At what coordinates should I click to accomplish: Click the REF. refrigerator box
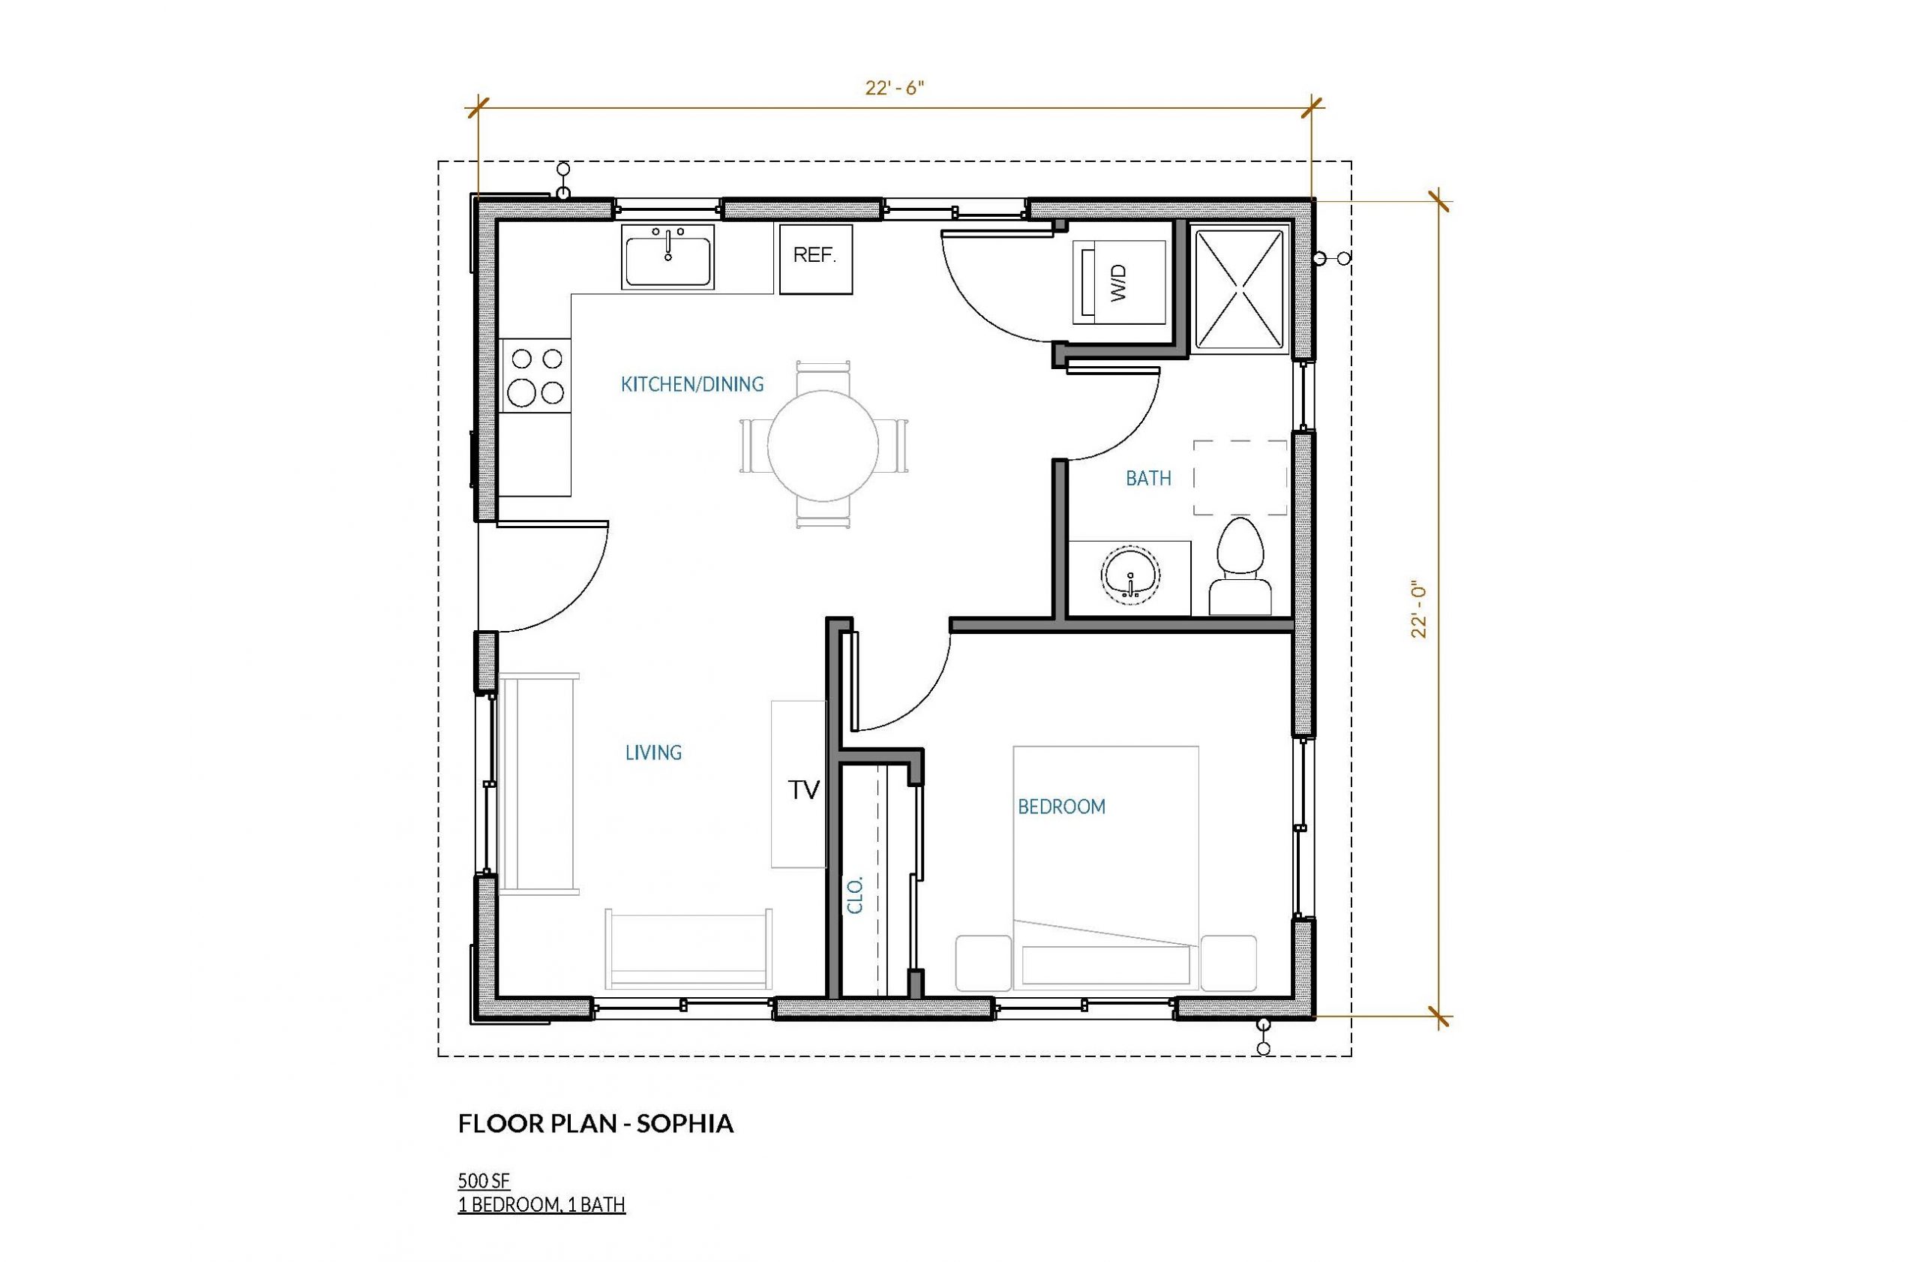[x=815, y=257]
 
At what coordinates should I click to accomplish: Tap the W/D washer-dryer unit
[x=1118, y=282]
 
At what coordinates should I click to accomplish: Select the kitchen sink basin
[x=668, y=256]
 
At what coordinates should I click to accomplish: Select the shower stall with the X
[x=1237, y=290]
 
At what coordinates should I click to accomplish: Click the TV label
[x=803, y=790]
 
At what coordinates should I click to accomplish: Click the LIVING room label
[x=653, y=752]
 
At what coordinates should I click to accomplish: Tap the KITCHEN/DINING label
[x=692, y=384]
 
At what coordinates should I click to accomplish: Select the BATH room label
[x=1148, y=479]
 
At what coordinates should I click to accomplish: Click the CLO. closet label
[x=856, y=894]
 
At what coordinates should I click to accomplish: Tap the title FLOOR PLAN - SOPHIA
[x=596, y=1124]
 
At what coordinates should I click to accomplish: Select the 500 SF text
[x=484, y=1180]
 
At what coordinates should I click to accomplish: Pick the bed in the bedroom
[x=1106, y=868]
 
